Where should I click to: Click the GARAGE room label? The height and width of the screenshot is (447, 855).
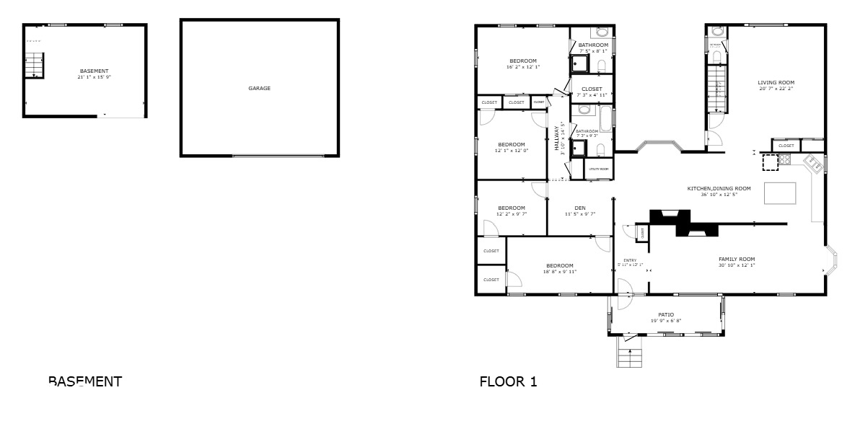(x=259, y=89)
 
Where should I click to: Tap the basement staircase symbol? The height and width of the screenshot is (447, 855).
(x=35, y=66)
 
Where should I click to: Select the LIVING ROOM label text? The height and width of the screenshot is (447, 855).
(x=776, y=83)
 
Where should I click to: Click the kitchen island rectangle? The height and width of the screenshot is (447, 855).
(x=779, y=193)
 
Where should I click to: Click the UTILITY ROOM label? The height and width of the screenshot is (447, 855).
(x=598, y=169)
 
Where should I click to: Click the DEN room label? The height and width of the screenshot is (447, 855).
(x=580, y=208)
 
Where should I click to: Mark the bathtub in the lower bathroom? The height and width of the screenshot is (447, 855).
(x=604, y=117)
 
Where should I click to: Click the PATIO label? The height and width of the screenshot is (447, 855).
(x=665, y=314)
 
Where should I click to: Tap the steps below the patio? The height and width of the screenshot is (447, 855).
(x=629, y=357)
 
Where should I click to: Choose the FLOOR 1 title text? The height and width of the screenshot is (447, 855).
(x=508, y=381)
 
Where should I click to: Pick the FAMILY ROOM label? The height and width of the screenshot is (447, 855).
(x=736, y=259)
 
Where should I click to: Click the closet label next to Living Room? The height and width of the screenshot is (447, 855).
(x=786, y=146)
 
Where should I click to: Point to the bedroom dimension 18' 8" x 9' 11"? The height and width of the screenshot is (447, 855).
(x=559, y=272)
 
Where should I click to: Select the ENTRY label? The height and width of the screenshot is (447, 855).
(x=630, y=260)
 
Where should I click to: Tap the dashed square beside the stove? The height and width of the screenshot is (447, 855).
(x=771, y=162)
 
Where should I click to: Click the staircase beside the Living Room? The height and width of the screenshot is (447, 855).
(x=717, y=87)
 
